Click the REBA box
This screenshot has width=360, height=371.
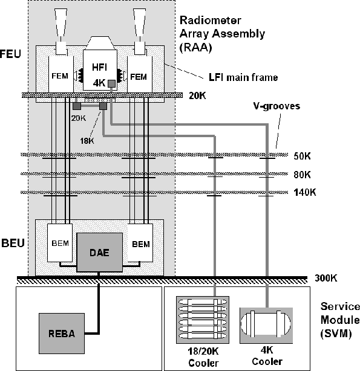[62, 334]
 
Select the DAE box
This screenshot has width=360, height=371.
[100, 252]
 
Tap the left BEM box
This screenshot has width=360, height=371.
[60, 243]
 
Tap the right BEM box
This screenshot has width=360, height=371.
[140, 243]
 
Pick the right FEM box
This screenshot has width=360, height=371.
[140, 74]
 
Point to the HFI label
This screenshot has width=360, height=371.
[100, 68]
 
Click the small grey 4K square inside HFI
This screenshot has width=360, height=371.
[111, 84]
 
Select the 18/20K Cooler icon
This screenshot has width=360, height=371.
[203, 320]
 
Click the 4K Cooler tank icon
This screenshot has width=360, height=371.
[266, 325]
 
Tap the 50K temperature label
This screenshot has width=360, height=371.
[302, 156]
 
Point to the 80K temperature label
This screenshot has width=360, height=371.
[302, 175]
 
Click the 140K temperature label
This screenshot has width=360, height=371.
[305, 192]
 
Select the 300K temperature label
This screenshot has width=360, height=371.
[326, 278]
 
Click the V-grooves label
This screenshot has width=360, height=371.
[277, 106]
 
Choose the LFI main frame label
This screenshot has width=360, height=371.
[243, 77]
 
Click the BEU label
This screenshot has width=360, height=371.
[13, 244]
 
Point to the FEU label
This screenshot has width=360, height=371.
[10, 54]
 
